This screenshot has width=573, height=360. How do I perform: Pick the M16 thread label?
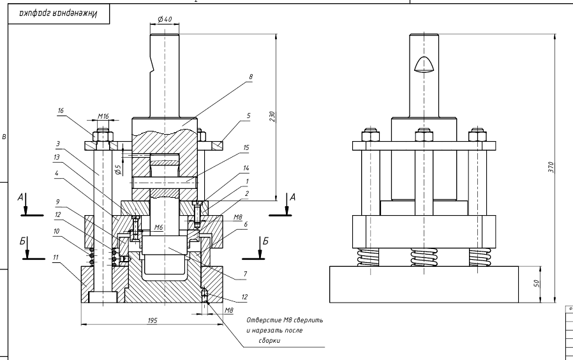[103, 117]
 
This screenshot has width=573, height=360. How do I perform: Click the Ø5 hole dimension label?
[117, 170]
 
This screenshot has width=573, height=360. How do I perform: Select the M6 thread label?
[160, 227]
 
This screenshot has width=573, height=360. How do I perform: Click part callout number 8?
[251, 76]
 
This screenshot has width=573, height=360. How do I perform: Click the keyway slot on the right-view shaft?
[423, 64]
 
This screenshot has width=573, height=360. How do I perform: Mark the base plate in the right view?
[424, 284]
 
